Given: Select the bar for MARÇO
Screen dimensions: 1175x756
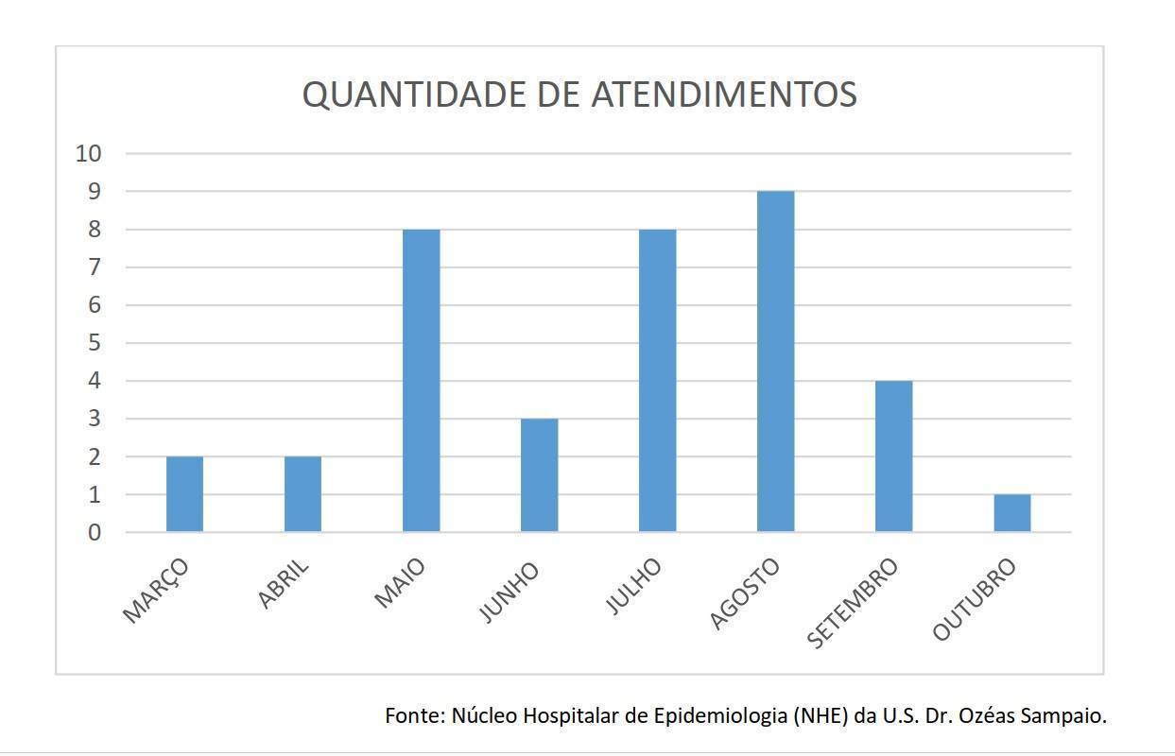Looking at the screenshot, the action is pos(184,494).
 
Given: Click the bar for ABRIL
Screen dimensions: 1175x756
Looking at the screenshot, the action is pos(302,494).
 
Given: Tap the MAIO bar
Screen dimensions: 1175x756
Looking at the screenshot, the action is pos(422,381).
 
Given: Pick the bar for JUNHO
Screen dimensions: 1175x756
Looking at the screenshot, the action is pos(539,475).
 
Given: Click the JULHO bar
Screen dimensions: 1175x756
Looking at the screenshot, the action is pos(658,381).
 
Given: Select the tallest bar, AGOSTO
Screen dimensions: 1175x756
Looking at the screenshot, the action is pos(776,362).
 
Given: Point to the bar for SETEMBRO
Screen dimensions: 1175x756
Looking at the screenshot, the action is pos(894,456).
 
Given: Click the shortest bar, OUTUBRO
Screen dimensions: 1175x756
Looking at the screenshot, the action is pos(1012,513).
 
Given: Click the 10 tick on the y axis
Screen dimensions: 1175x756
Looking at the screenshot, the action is pos(89,154).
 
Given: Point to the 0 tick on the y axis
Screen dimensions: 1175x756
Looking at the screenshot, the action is pos(95,533).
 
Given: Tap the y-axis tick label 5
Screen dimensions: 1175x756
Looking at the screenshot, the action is pos(95,343).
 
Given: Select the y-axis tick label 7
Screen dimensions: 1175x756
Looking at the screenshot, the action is pos(95,267).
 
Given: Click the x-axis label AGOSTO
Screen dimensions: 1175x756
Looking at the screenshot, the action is pos(744,594).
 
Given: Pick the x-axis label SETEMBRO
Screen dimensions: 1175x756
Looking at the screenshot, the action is pos(852,604).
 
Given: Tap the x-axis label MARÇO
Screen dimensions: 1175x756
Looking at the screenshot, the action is pos(155,591).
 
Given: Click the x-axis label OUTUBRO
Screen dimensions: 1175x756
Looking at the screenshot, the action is pos(974,600).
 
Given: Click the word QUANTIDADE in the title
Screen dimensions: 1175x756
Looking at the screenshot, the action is pos(414,94).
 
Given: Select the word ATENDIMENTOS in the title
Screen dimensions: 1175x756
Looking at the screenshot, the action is pos(724,94).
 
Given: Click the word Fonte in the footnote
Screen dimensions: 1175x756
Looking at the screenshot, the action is pos(415,715).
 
